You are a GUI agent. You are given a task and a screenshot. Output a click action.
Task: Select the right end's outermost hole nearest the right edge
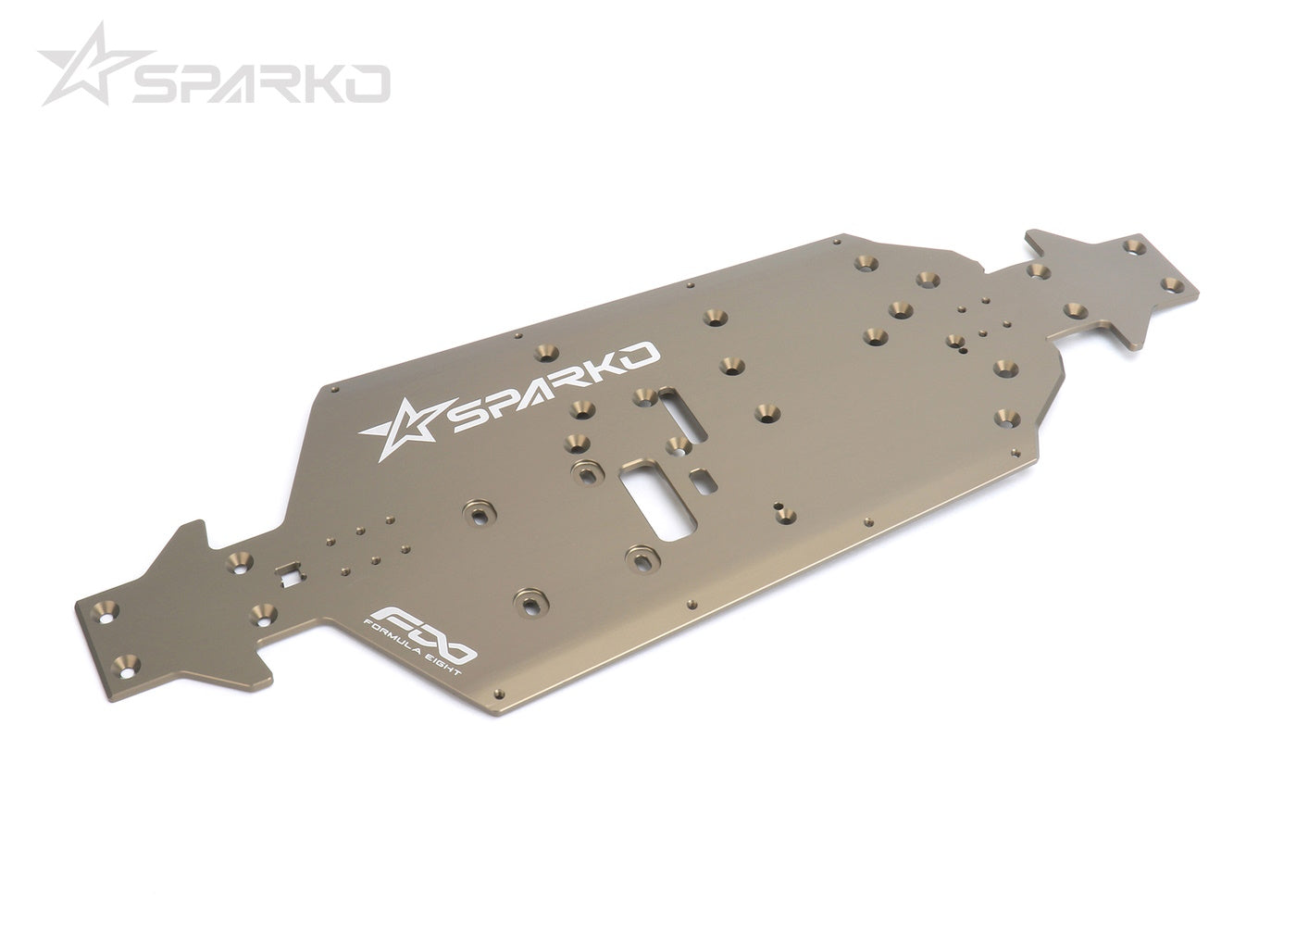1172,282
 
